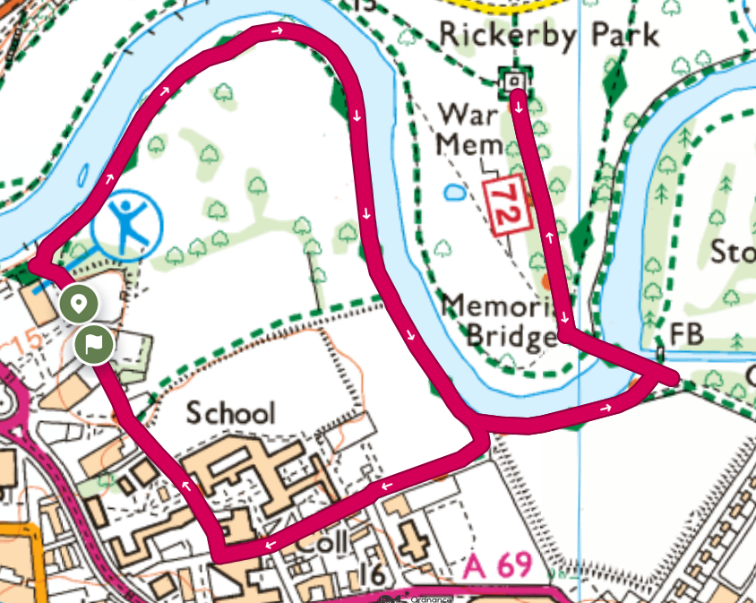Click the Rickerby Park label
pos(548,35)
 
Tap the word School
pos(230,413)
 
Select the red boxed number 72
pos(503,207)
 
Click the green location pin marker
pos(80,305)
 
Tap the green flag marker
pos(93,343)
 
